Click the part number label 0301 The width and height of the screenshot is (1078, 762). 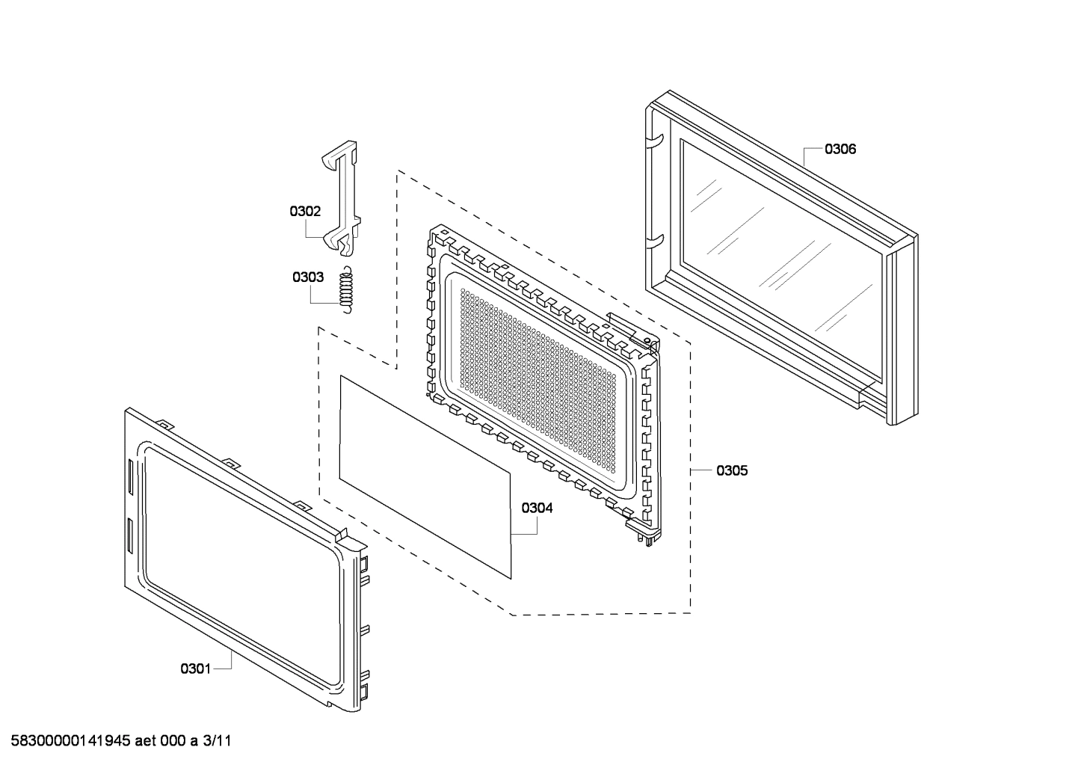[x=195, y=669]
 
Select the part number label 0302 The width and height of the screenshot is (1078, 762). [x=305, y=212]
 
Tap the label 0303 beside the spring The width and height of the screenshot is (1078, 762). [x=307, y=277]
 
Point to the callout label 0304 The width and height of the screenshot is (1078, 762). [x=537, y=508]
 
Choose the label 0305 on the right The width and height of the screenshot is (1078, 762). [x=731, y=470]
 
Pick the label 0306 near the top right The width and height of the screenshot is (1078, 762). [x=840, y=149]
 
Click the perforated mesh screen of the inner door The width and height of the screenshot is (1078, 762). [x=546, y=389]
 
